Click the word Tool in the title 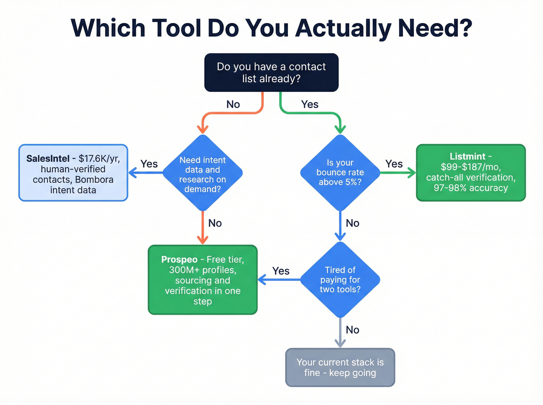click(x=176, y=28)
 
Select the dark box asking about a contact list click(x=271, y=72)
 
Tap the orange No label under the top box click(x=233, y=104)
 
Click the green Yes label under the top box click(x=310, y=104)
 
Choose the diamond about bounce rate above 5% click(x=340, y=172)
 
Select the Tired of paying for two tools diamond click(x=340, y=279)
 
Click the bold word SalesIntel click(x=48, y=159)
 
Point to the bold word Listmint click(x=467, y=157)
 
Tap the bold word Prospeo click(x=179, y=259)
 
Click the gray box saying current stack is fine click(x=340, y=367)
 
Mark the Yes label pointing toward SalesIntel click(x=149, y=164)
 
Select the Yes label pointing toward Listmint click(x=394, y=164)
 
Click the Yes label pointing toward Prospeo click(x=281, y=271)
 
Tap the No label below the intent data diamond click(x=215, y=223)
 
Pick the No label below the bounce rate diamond click(x=353, y=223)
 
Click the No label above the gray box click(x=353, y=330)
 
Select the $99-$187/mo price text click(x=470, y=167)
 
